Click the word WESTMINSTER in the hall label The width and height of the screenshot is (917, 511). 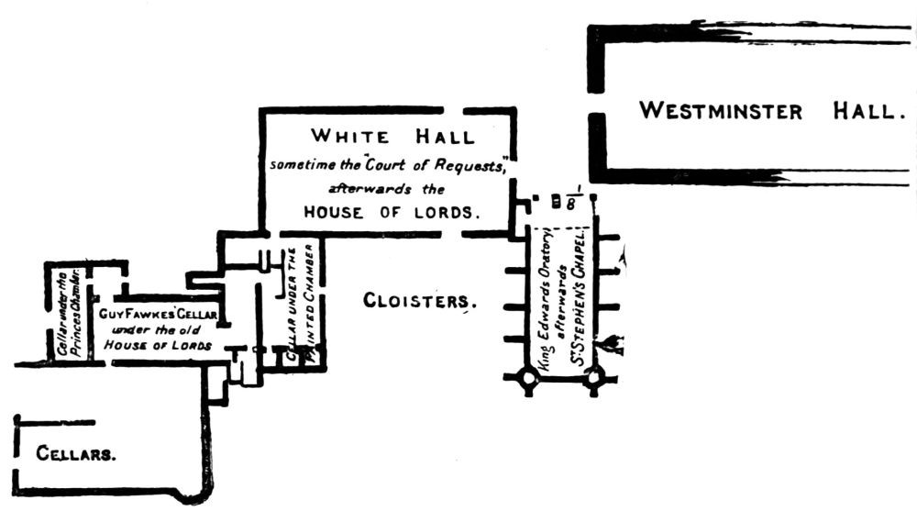point(720,112)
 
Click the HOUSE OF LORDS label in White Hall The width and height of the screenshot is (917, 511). point(392,211)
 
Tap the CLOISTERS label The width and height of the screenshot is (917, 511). point(420,301)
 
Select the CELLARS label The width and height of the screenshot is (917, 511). point(75,453)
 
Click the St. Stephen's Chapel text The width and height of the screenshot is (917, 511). point(580,296)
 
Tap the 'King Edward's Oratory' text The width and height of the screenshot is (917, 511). point(544,298)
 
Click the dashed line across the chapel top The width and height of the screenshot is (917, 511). point(561,228)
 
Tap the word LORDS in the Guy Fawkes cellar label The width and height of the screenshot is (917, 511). point(193,346)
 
